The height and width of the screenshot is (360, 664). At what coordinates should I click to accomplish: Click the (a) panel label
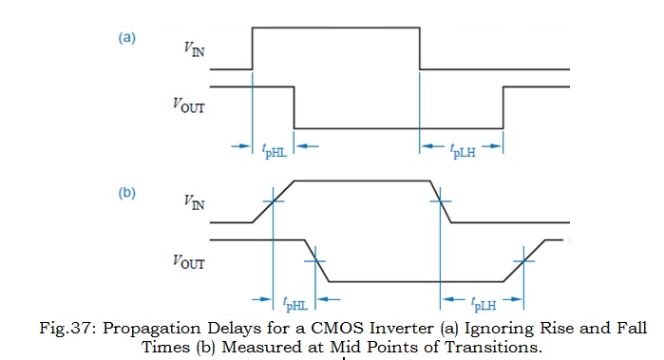[127, 39]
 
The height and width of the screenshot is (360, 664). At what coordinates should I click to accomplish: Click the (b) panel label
[127, 193]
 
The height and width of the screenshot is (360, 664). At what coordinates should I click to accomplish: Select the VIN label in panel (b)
[193, 202]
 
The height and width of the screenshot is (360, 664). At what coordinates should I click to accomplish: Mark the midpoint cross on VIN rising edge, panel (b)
[274, 200]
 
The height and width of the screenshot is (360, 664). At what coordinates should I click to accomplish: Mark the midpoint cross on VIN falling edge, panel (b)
[441, 200]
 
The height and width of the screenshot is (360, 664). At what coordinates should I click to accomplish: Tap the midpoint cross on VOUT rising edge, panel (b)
[523, 260]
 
